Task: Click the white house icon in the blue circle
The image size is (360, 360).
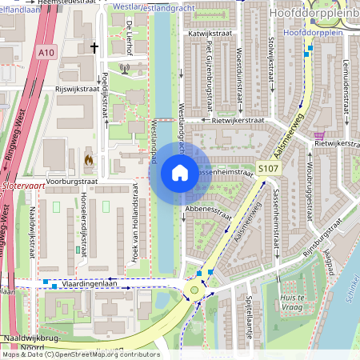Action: click(180, 173)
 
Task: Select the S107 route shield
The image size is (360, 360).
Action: click(266, 169)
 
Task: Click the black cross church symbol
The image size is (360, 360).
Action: click(94, 48)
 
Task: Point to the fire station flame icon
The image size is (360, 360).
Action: click(88, 160)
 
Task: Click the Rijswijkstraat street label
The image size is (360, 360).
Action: click(80, 90)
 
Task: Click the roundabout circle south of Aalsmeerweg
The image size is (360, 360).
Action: click(193, 290)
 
